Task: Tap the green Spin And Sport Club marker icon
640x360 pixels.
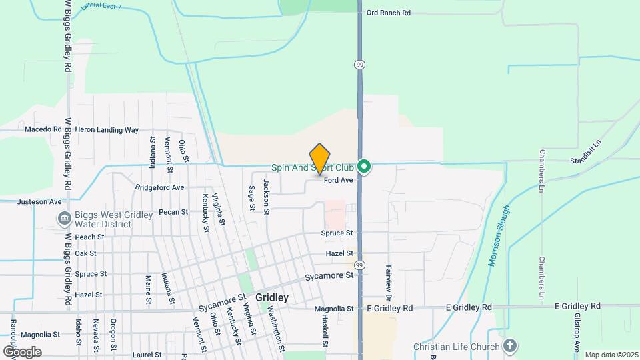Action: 364,167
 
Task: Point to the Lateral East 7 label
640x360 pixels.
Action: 102,7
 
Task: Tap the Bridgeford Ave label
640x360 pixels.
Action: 159,188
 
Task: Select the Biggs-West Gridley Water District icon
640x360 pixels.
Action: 65,218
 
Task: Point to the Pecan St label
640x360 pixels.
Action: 174,212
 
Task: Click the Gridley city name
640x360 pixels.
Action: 272,298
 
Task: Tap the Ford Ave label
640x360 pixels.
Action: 338,180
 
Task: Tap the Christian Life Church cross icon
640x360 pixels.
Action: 510,346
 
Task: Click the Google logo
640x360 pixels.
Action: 22,351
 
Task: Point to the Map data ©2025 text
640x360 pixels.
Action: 611,355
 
